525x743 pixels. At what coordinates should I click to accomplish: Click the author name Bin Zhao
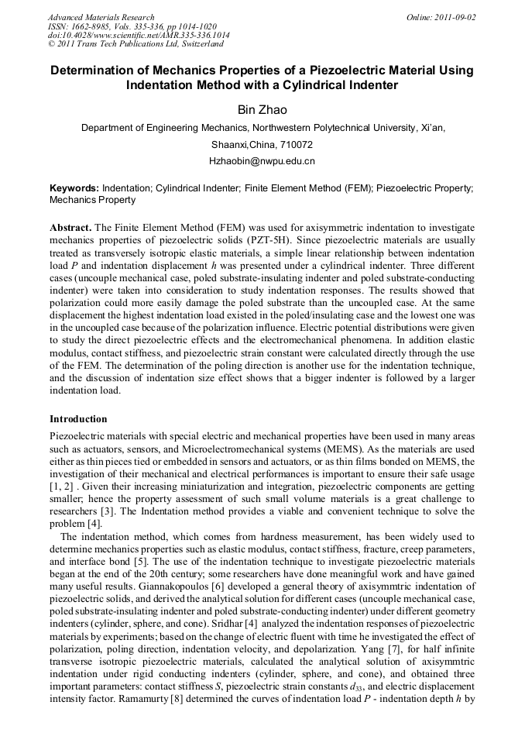[262, 109]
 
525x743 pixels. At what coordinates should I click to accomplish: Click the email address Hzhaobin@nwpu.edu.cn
[262, 161]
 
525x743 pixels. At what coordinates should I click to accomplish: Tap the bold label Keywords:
[74, 188]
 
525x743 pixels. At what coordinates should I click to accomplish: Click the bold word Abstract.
[70, 229]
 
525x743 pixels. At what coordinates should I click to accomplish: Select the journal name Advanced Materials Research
[101, 17]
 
